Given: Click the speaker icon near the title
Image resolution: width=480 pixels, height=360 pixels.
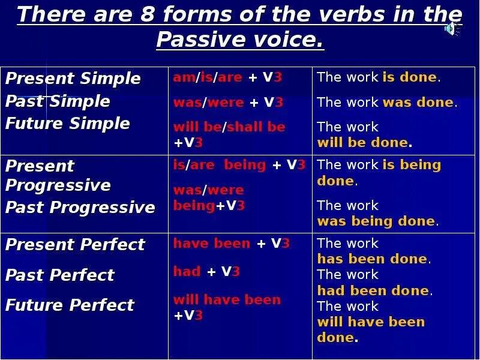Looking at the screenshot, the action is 451,29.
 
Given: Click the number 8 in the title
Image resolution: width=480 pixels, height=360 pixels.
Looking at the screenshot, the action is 147,14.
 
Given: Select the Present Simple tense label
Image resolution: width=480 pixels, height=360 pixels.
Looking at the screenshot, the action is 73,79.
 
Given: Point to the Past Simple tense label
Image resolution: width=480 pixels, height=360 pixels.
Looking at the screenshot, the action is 58,101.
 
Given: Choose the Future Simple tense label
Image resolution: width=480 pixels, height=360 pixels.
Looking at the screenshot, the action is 68,124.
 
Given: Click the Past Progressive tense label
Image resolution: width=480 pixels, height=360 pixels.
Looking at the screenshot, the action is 80,207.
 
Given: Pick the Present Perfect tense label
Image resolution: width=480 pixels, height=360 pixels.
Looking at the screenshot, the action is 75,244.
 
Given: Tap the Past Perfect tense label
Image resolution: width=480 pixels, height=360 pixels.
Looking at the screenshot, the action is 60,275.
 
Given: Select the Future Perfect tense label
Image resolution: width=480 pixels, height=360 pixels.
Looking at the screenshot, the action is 70,305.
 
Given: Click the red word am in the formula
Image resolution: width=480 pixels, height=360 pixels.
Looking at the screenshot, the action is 184,78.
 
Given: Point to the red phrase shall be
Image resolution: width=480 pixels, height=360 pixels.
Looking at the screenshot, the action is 256,127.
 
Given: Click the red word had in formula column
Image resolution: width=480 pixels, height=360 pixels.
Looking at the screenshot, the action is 187,271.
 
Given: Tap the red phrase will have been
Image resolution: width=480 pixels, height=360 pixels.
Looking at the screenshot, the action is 227,299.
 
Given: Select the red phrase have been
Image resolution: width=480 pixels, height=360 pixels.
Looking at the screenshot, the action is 212,244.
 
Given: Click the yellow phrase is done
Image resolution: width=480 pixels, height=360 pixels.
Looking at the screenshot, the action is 410,77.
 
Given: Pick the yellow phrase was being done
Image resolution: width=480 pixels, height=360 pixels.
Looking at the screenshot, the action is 376,221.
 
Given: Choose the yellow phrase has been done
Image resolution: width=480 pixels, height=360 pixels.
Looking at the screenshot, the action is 372,259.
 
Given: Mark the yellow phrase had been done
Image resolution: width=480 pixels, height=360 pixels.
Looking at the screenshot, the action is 373,290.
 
